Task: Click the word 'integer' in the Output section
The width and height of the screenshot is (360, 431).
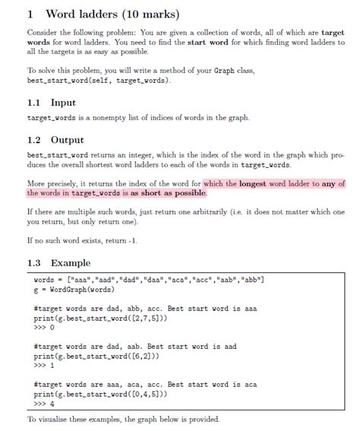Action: pyautogui.click(x=135, y=156)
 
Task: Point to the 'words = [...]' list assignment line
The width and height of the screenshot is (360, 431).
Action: pyautogui.click(x=145, y=280)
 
